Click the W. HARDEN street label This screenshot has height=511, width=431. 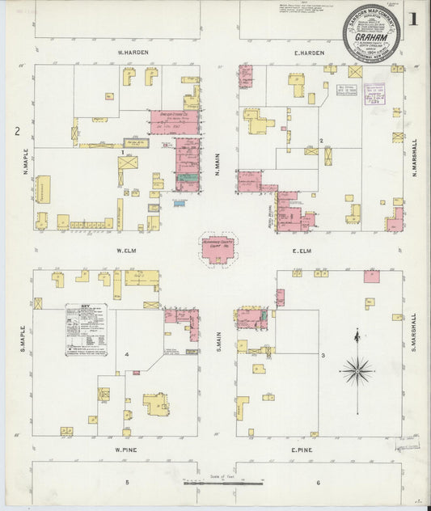130,53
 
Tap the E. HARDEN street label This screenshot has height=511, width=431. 309,53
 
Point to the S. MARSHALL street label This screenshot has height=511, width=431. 413,332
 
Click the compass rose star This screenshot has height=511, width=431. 357,371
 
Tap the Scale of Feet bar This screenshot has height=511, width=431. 223,484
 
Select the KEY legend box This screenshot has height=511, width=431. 87,330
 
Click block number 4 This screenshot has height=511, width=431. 127,355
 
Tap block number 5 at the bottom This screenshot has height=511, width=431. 127,483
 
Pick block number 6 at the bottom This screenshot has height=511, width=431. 318,483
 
